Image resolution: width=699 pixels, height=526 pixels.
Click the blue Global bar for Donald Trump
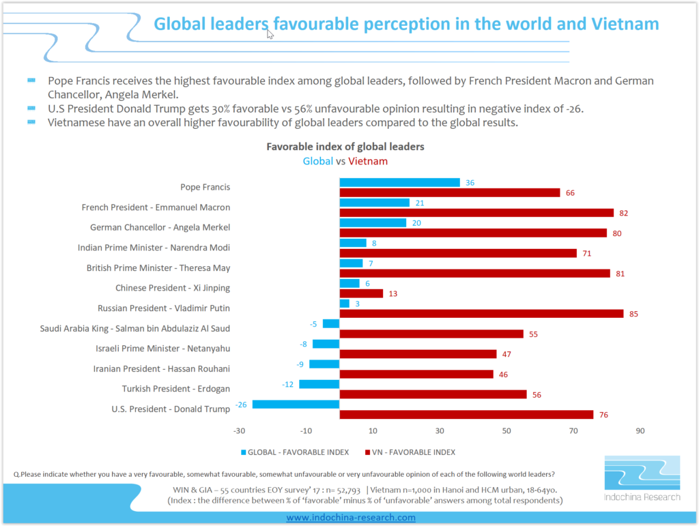tap(296, 405)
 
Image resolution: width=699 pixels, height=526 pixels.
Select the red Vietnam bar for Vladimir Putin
tap(481, 314)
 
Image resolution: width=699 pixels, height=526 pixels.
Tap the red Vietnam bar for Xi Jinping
tap(361, 293)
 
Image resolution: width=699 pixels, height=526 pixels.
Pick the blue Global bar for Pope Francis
tap(399, 182)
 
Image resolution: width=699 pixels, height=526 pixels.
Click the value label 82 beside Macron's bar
tap(624, 213)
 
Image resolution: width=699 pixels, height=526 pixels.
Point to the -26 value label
tap(242, 405)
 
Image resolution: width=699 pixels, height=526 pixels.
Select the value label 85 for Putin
tap(634, 314)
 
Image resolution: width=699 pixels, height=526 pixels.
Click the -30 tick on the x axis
tap(239, 431)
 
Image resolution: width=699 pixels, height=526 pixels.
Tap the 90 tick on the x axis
tap(640, 431)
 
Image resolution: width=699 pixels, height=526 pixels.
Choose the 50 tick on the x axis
tap(506, 431)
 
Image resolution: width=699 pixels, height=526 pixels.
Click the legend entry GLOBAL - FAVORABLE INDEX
tap(294, 452)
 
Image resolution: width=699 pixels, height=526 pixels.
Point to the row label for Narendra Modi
tap(154, 248)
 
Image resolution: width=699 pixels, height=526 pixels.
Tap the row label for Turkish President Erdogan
tap(175, 389)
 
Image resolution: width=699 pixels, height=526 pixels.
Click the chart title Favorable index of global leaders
tap(345, 147)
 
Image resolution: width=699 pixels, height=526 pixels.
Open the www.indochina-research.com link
tap(350, 518)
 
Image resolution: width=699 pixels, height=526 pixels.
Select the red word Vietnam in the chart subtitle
tap(368, 162)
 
